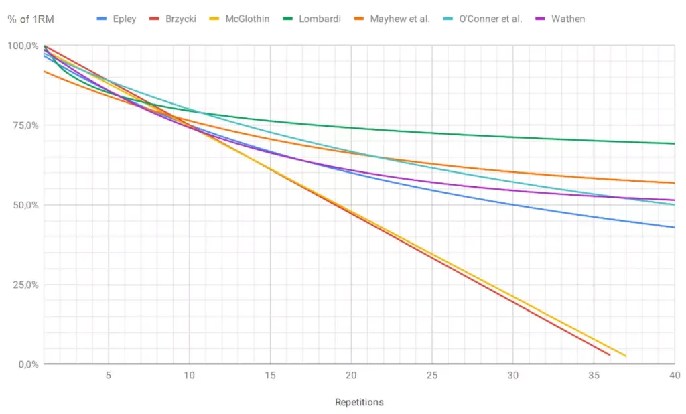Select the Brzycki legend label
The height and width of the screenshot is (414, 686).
180,19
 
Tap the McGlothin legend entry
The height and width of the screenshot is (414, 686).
247,19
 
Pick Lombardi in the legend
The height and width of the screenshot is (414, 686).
320,19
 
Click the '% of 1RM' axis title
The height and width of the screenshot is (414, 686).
31,19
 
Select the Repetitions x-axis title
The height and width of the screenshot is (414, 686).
359,402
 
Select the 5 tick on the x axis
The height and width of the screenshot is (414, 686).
108,375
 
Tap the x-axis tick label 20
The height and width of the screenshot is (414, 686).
351,375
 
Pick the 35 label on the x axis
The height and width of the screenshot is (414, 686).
594,375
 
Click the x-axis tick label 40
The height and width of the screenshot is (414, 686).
674,375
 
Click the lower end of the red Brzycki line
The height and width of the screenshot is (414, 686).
609,354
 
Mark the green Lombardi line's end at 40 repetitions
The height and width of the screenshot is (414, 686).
673,143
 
